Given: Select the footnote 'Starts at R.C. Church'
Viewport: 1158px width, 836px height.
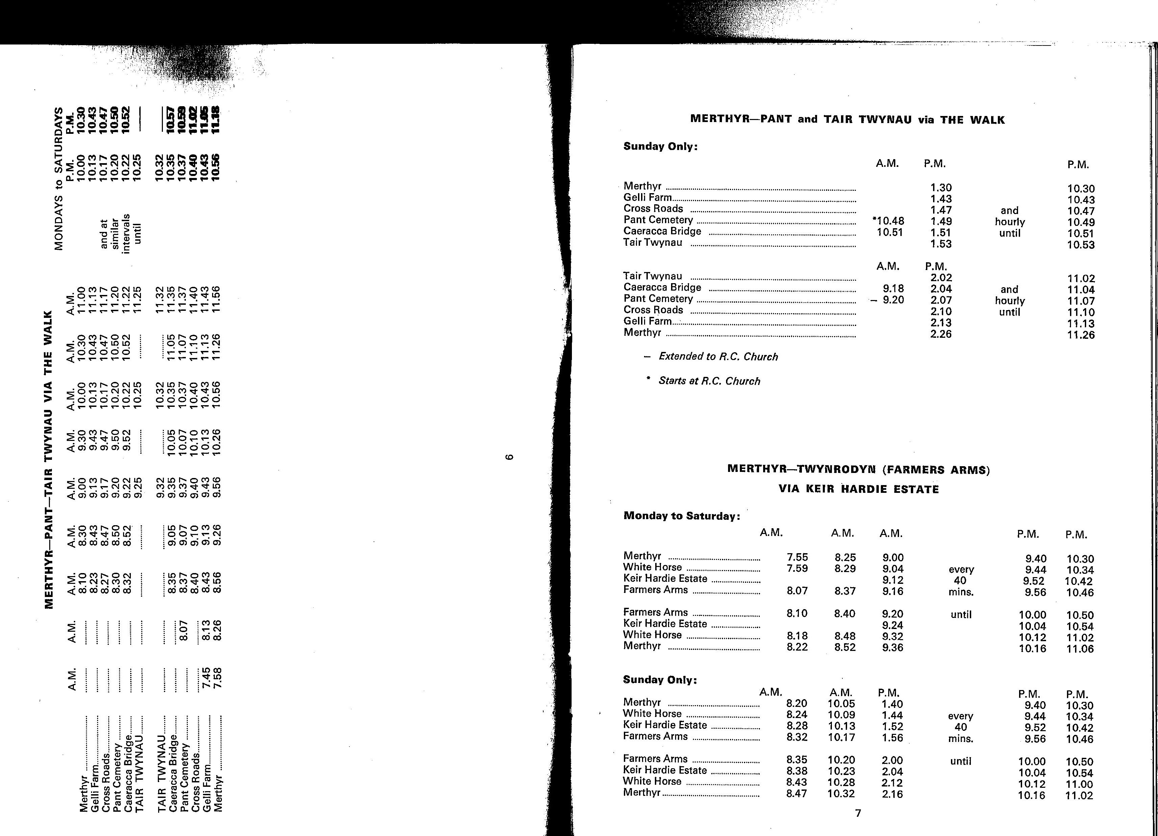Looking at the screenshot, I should tap(709, 381).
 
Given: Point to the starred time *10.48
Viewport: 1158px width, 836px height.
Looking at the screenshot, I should tap(889, 221).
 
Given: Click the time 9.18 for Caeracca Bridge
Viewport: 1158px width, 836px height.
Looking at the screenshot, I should tap(894, 288).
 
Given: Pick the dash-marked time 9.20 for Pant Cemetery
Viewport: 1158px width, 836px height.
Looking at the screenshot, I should tap(893, 300).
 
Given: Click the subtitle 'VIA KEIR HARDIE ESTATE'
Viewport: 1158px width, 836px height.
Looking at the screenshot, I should tap(858, 489).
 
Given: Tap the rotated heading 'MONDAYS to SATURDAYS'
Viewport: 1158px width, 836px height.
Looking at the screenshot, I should tap(59, 179).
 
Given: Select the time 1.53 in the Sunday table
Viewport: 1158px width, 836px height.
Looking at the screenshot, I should tap(940, 244).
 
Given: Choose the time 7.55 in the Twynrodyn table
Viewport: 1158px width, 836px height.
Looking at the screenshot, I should tap(797, 557).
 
